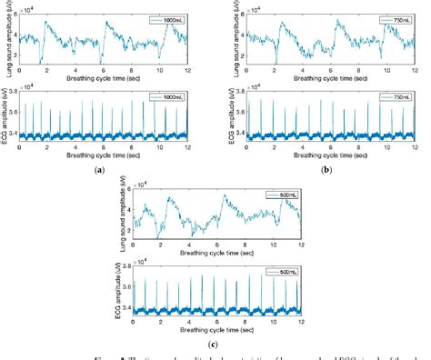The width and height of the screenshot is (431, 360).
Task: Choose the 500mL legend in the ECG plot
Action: [282, 272]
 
